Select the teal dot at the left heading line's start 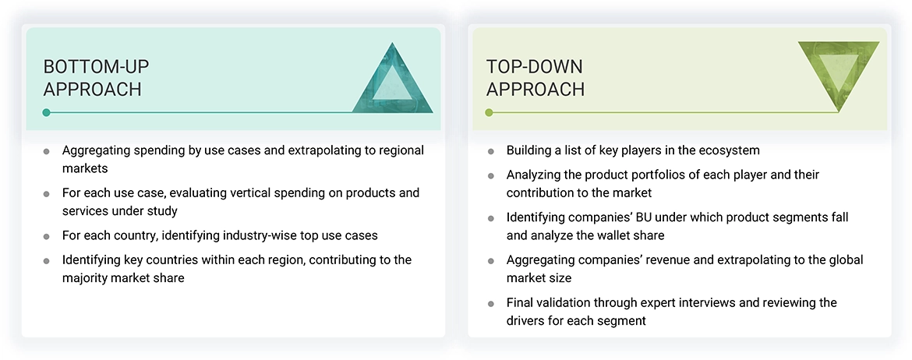click(47, 113)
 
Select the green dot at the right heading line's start click(489, 113)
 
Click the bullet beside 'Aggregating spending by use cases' click(47, 150)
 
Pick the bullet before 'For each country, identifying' click(47, 235)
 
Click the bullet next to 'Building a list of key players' click(491, 150)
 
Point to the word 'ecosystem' click(730, 150)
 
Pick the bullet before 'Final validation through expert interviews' click(491, 303)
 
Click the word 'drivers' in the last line click(527, 320)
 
